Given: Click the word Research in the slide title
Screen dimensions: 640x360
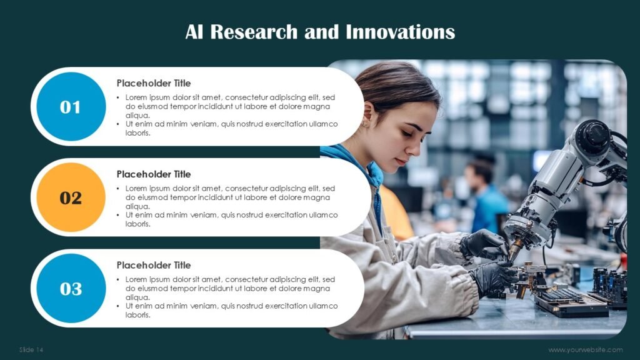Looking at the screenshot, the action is point(254,32).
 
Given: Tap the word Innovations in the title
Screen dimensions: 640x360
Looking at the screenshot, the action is point(400,32).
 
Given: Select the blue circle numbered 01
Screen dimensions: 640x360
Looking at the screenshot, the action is point(71,106).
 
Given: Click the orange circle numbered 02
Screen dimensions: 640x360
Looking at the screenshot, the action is point(71,197).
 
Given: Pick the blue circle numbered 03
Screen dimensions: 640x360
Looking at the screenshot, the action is point(71,289).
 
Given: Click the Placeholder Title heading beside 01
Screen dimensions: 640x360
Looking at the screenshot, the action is point(154,83).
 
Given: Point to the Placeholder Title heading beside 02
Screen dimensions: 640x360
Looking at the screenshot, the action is point(154,174).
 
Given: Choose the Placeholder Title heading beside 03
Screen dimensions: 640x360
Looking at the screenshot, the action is point(154,265).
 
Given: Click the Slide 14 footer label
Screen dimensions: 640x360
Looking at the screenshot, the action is point(31,350).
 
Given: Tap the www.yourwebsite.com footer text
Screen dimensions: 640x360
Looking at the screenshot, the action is point(585,350).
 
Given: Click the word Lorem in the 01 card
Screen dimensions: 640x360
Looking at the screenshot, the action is point(136,97).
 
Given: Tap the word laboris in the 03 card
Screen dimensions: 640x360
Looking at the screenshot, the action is point(137,315).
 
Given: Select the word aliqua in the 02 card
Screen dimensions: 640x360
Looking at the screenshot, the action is point(137,206).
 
